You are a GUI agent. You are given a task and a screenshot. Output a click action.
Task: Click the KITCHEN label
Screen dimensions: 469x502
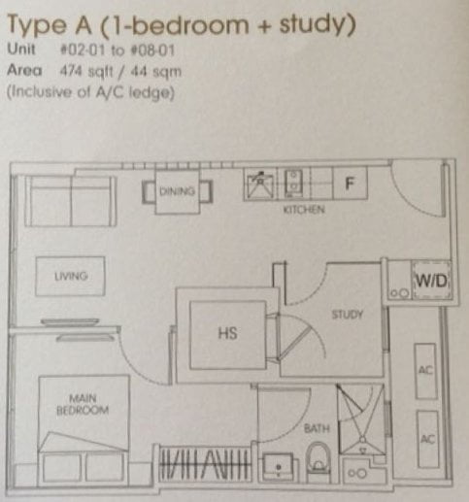click(x=304, y=210)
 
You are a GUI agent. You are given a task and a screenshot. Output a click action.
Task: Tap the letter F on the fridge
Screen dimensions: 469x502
click(x=350, y=184)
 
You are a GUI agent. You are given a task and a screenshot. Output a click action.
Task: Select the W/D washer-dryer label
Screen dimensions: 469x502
click(x=431, y=281)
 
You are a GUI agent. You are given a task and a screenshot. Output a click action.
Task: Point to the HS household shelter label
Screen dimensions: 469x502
click(x=227, y=333)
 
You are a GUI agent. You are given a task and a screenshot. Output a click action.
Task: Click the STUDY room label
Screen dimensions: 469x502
click(x=348, y=315)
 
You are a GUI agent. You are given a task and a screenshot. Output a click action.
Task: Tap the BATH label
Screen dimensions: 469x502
click(x=317, y=428)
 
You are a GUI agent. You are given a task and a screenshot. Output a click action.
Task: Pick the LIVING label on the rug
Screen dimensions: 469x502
click(x=71, y=276)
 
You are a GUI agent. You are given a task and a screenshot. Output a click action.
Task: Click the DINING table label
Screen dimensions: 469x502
click(x=178, y=191)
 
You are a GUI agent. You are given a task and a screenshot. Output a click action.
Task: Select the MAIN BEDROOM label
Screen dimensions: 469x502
click(x=83, y=404)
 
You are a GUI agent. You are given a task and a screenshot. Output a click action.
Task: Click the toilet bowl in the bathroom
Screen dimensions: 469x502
click(x=318, y=460)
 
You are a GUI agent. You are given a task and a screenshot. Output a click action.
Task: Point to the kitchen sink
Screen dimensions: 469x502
click(x=260, y=185)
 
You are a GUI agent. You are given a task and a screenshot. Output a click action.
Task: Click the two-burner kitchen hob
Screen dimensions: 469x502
click(x=293, y=184)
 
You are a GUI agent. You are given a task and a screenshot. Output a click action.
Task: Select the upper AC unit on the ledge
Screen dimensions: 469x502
click(x=425, y=371)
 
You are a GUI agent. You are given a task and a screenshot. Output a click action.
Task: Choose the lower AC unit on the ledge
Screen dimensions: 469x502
click(x=427, y=439)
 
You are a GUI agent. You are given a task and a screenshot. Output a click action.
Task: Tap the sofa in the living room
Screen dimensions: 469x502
click(x=71, y=201)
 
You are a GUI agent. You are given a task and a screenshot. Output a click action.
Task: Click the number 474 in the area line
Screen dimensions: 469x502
click(x=71, y=71)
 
